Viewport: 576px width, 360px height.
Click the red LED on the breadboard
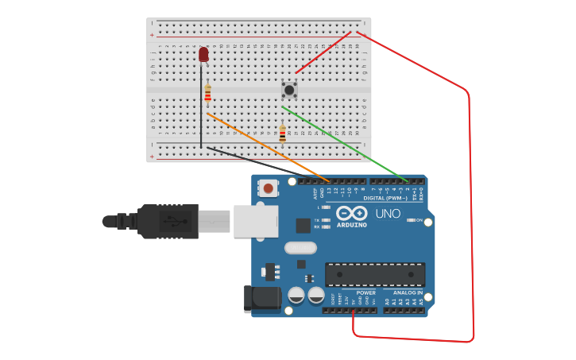coord(203,54)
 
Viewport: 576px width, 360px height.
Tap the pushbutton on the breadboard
coord(289,90)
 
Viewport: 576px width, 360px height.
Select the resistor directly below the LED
coord(208,95)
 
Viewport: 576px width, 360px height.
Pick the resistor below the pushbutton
coord(282,134)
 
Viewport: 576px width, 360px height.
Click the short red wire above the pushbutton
coord(323,52)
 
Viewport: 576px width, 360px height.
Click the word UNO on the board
coord(388,214)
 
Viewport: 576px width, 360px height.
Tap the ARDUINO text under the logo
coord(352,225)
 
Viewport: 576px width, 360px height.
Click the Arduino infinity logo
coord(351,214)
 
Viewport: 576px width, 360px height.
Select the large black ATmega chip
coord(375,274)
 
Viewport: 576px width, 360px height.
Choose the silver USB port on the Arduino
coord(256,222)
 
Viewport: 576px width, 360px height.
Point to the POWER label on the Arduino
coord(365,292)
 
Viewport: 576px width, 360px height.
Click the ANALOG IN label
coord(408,292)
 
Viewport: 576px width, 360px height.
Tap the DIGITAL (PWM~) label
coord(385,198)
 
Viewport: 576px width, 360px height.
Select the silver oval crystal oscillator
coord(300,248)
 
